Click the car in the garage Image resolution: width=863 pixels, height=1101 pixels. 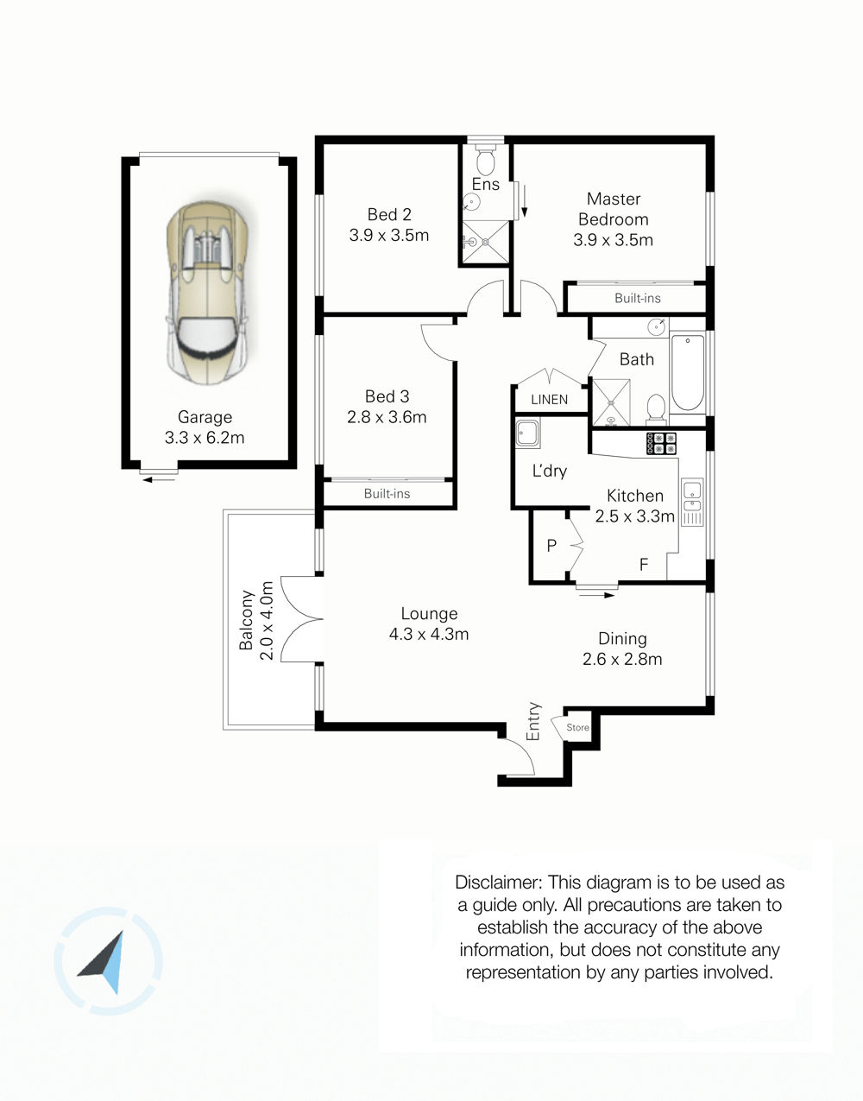click(x=207, y=294)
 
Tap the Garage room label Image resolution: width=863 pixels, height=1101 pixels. click(x=205, y=417)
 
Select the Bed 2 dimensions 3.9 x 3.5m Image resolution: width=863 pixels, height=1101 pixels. click(x=388, y=235)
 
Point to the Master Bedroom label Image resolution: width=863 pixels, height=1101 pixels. click(x=614, y=209)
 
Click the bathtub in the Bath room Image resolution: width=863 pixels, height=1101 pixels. click(x=687, y=372)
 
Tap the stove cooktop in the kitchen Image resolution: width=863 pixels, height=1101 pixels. click(x=661, y=443)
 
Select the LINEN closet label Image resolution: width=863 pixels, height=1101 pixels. click(x=549, y=400)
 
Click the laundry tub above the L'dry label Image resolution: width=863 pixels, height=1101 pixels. click(x=527, y=433)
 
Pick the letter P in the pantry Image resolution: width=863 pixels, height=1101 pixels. click(x=551, y=545)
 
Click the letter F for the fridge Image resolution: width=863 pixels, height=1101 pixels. click(x=644, y=564)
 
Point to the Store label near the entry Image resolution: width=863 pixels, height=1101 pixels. click(x=577, y=728)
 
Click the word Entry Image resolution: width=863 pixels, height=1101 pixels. click(x=533, y=722)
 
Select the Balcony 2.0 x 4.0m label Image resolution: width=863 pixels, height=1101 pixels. click(x=256, y=620)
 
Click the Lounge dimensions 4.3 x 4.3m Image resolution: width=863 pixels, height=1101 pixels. click(x=429, y=634)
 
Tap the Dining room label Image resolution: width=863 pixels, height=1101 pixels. click(x=622, y=639)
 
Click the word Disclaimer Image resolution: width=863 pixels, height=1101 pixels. click(x=499, y=883)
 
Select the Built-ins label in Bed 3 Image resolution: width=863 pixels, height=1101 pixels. click(x=387, y=493)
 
